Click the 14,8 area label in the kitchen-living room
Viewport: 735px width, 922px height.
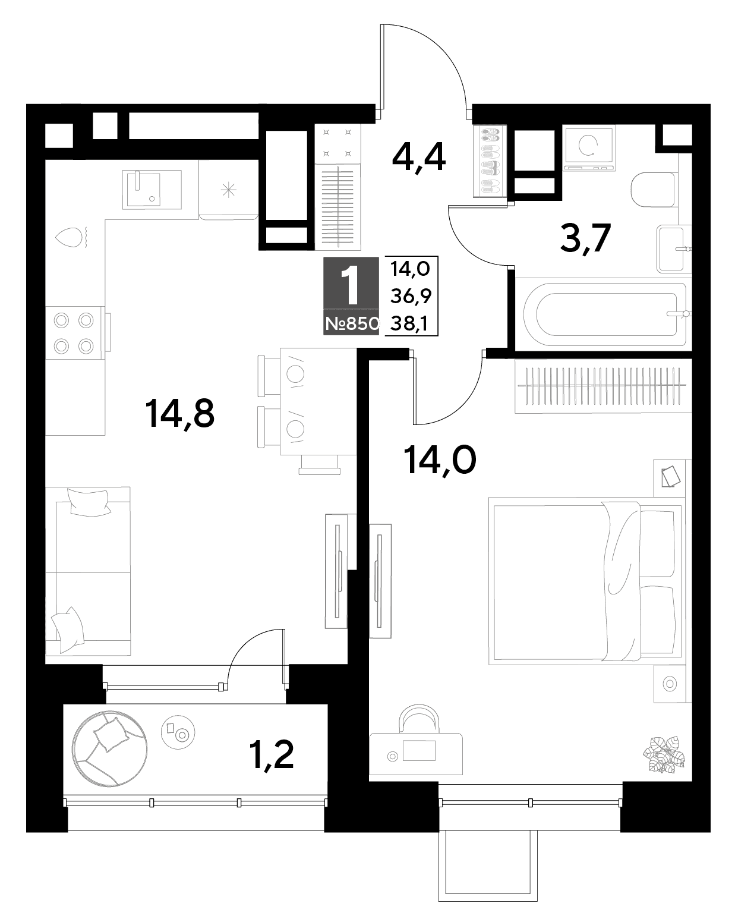[179, 414]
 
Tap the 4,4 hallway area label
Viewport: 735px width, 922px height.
[418, 158]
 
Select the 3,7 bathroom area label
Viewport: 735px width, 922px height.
[585, 238]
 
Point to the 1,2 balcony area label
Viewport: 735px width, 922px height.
[272, 756]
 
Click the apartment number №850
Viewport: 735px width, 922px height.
[352, 324]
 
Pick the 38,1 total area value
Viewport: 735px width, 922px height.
[409, 323]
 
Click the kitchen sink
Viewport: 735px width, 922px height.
[152, 190]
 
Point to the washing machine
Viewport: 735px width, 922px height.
[589, 148]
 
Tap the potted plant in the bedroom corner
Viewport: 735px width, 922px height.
[664, 754]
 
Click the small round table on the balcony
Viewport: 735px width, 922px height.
[178, 732]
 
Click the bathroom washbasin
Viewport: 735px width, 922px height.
[674, 248]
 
